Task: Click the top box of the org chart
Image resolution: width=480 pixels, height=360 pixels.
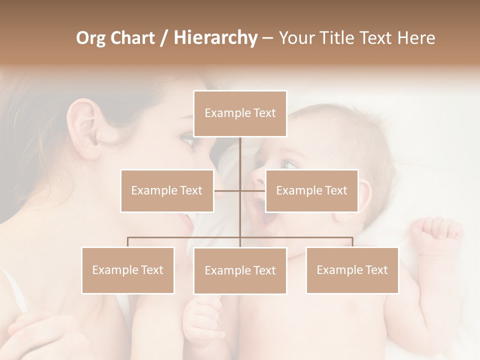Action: [x=240, y=113]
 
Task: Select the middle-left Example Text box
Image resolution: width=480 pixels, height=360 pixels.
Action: [x=167, y=190]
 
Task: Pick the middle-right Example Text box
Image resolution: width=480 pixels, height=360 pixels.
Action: [x=311, y=190]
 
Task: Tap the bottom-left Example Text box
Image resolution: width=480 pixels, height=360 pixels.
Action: [x=128, y=270]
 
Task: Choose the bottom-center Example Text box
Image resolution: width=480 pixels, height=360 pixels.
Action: [x=240, y=270]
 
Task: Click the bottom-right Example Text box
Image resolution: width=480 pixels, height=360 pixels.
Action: [x=352, y=270]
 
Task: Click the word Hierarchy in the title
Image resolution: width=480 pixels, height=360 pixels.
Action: [x=215, y=38]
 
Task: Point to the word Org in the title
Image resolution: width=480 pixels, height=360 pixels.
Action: [x=90, y=38]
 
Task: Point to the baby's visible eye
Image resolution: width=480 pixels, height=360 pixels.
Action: [x=287, y=164]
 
